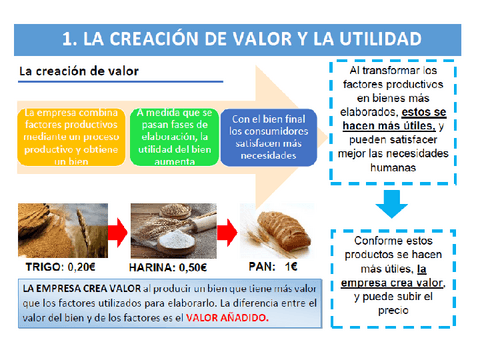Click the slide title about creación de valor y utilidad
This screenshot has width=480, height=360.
240,39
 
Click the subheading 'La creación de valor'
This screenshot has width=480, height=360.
79,72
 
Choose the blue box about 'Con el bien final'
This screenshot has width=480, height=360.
268,136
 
